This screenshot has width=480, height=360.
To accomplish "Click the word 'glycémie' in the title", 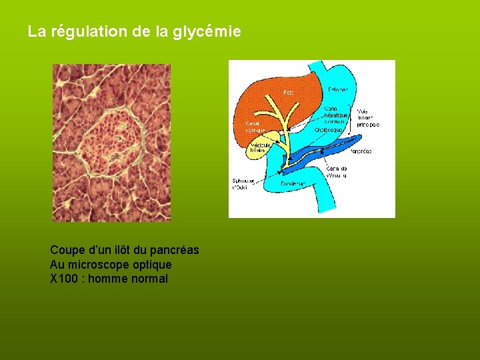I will (207, 31).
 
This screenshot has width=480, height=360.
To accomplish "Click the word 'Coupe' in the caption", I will (65, 250).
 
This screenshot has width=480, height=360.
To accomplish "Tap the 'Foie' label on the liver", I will (288, 91).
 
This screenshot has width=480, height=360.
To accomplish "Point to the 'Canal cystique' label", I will (255, 127).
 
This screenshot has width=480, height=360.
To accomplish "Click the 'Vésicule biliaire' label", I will (258, 147).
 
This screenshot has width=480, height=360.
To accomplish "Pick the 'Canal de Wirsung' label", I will (336, 172).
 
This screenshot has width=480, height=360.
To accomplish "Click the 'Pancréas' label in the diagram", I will (361, 151).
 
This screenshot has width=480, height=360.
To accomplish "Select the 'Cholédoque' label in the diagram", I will (337, 131).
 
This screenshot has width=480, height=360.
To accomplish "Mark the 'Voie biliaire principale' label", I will (368, 117).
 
